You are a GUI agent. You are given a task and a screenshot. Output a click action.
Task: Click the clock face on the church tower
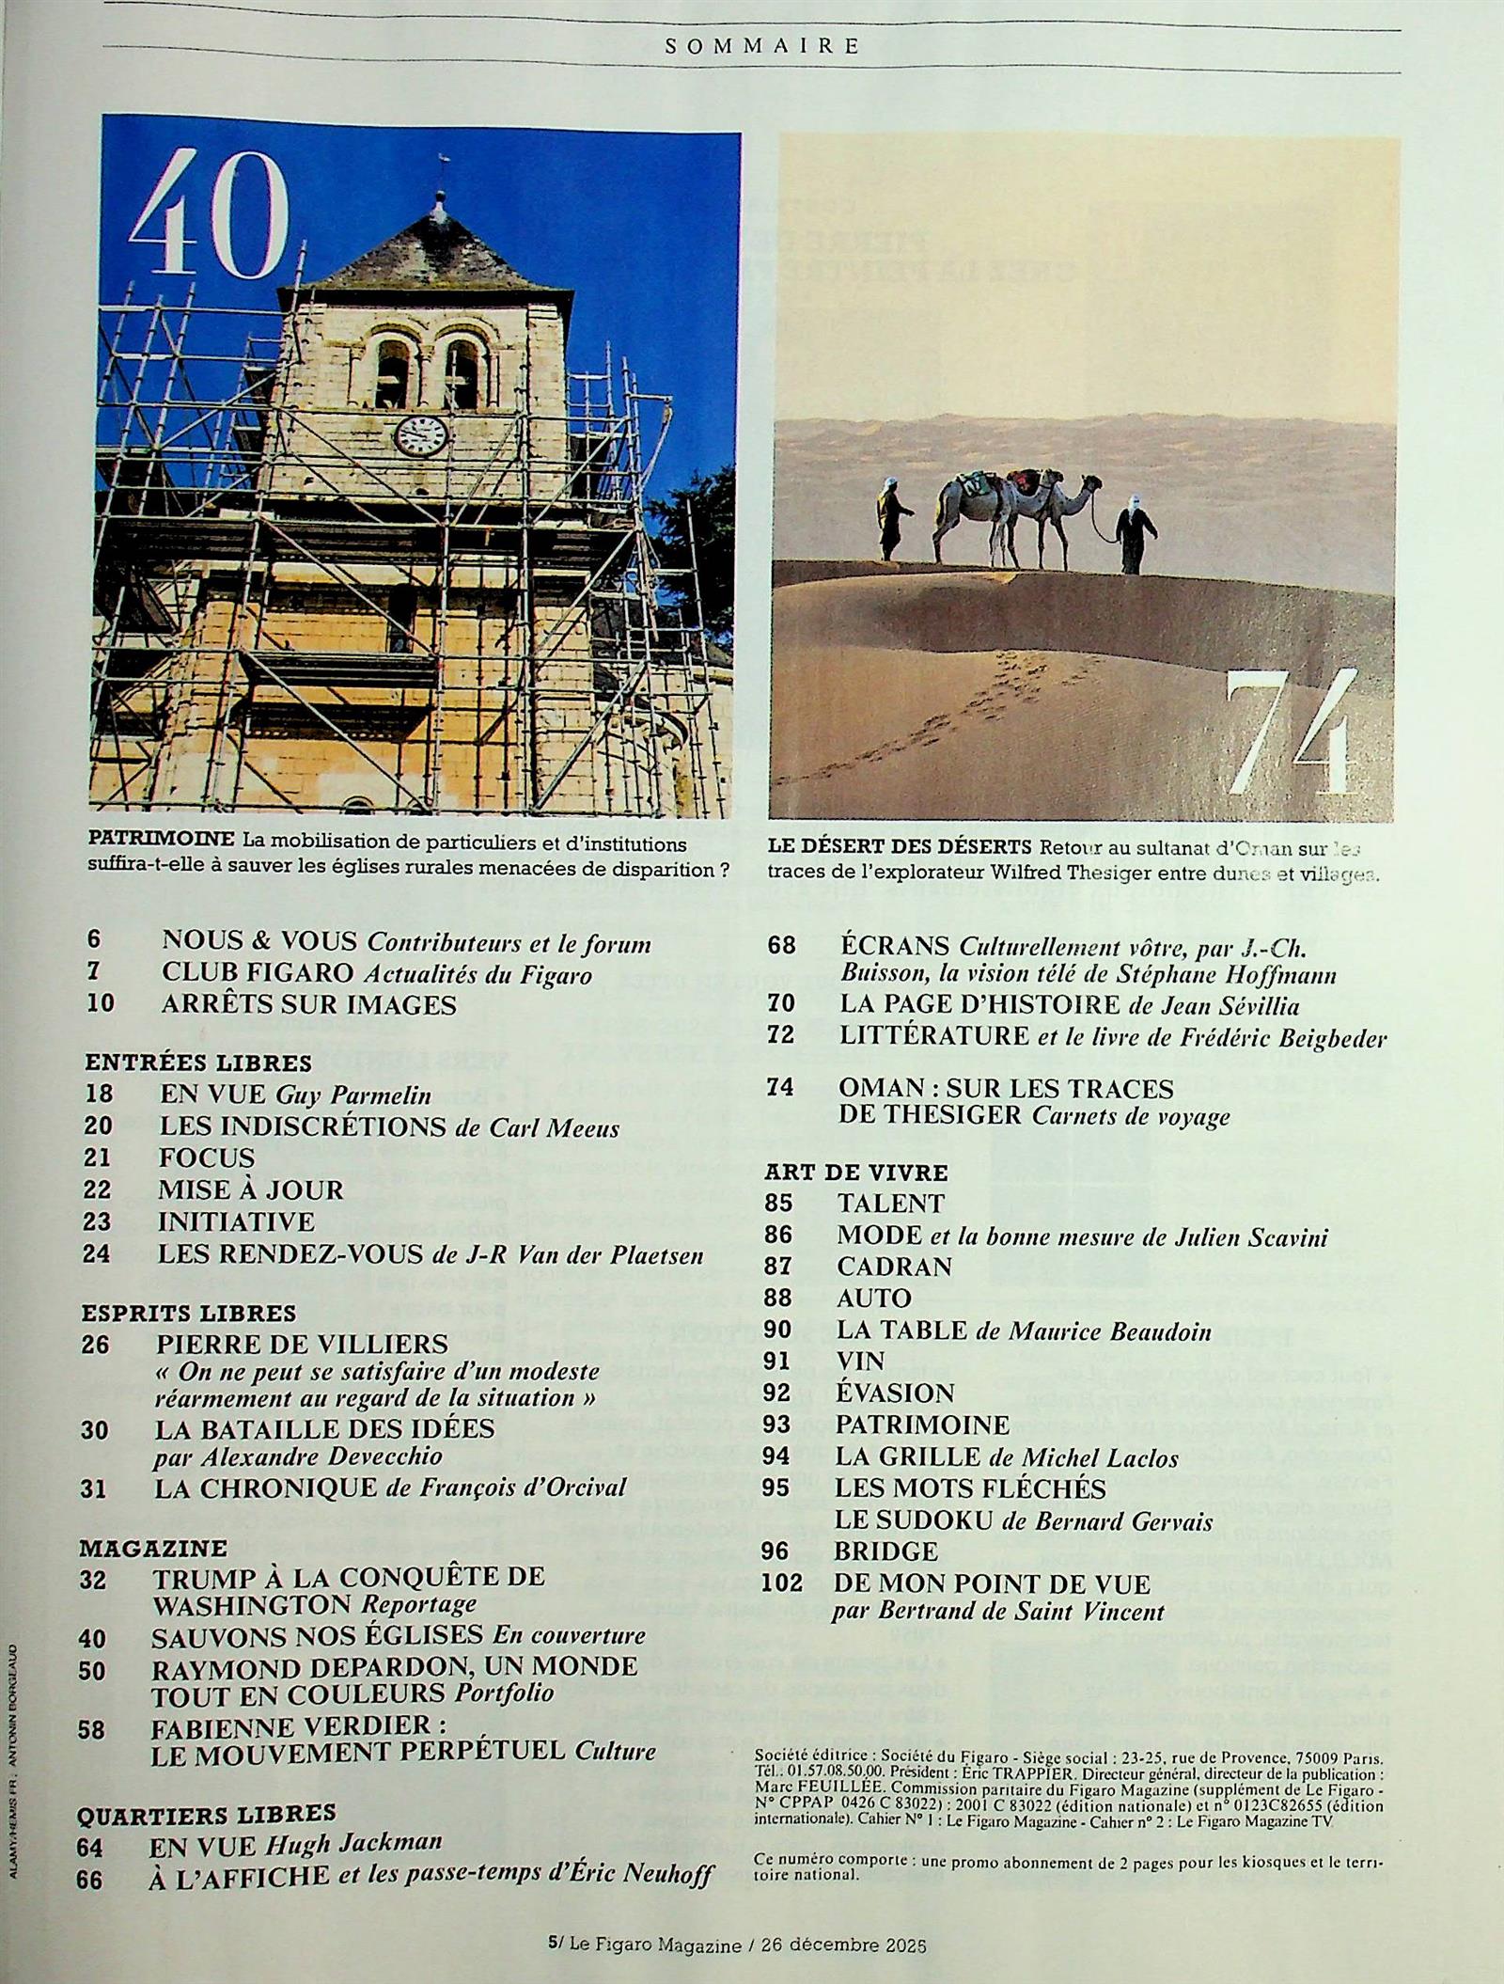420,435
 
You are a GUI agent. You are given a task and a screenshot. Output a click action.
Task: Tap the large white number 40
209,216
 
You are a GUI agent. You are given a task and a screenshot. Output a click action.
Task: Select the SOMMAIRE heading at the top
762,45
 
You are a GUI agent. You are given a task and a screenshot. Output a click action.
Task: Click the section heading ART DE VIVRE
855,1172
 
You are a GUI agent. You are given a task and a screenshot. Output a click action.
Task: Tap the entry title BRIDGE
885,1551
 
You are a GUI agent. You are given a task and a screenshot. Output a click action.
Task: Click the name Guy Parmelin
353,1094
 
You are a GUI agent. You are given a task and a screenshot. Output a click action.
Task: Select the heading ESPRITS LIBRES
188,1313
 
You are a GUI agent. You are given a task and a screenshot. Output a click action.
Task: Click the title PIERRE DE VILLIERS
302,1344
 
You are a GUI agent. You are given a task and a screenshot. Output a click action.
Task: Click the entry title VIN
860,1361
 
